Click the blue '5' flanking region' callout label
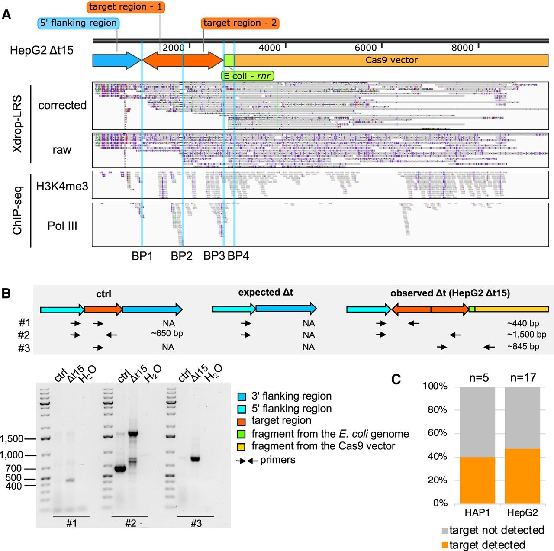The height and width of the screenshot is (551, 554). click(x=78, y=23)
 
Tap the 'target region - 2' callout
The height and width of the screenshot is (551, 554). click(x=240, y=23)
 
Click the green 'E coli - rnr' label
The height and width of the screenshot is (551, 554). click(x=247, y=76)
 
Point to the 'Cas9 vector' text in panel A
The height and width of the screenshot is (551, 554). click(x=392, y=60)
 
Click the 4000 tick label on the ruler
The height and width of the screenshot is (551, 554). click(x=269, y=48)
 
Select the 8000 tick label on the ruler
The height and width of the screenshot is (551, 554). click(x=462, y=48)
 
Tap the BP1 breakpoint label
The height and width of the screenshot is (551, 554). click(x=142, y=256)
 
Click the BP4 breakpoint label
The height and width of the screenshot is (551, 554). click(x=238, y=256)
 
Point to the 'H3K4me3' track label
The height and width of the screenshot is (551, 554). click(x=62, y=187)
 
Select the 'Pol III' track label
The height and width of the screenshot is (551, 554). click(x=62, y=226)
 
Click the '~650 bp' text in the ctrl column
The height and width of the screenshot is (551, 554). click(x=167, y=334)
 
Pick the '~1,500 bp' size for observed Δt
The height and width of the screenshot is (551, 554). click(x=527, y=335)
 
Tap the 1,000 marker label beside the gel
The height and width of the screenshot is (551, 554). click(x=12, y=455)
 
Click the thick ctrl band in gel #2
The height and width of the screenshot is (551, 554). click(x=120, y=469)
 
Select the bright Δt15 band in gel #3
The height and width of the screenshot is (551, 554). click(x=195, y=459)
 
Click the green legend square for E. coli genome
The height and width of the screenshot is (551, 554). click(x=242, y=434)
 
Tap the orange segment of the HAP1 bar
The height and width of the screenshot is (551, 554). click(x=477, y=480)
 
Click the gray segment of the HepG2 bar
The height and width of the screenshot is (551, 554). click(x=522, y=417)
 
